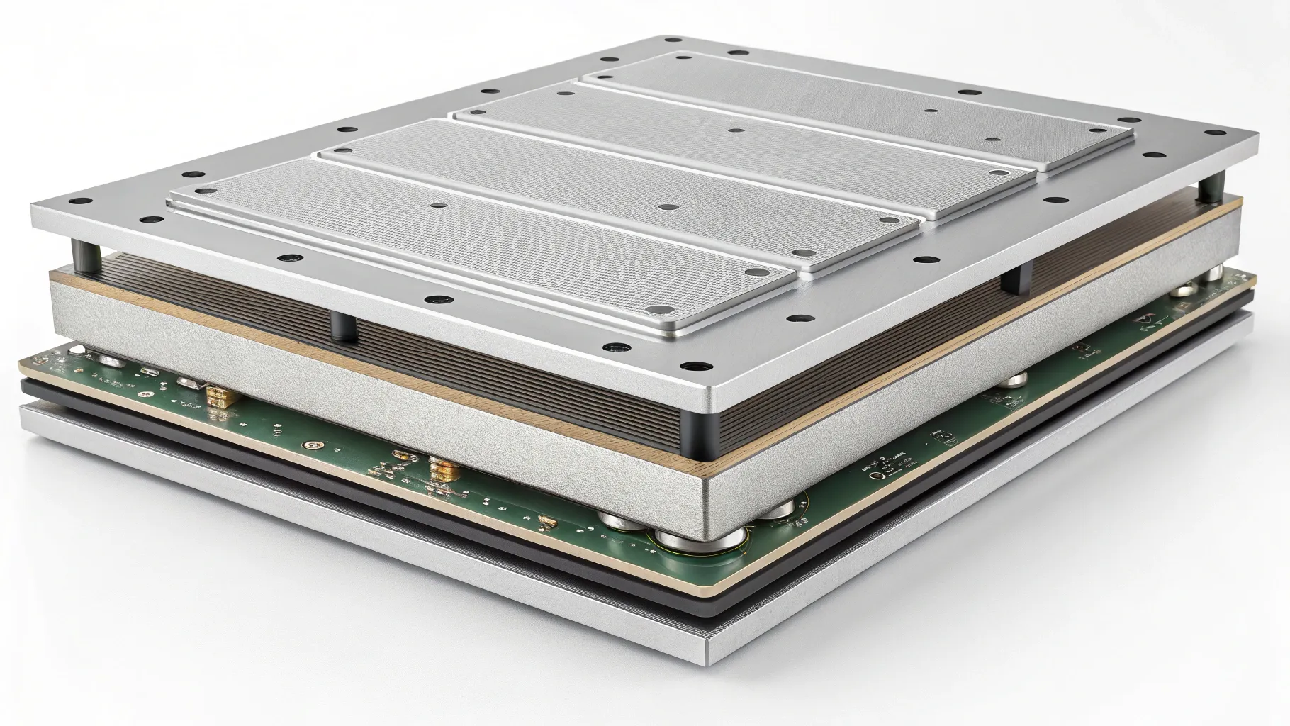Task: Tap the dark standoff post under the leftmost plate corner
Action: [84, 252]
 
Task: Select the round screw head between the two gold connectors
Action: [310, 446]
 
